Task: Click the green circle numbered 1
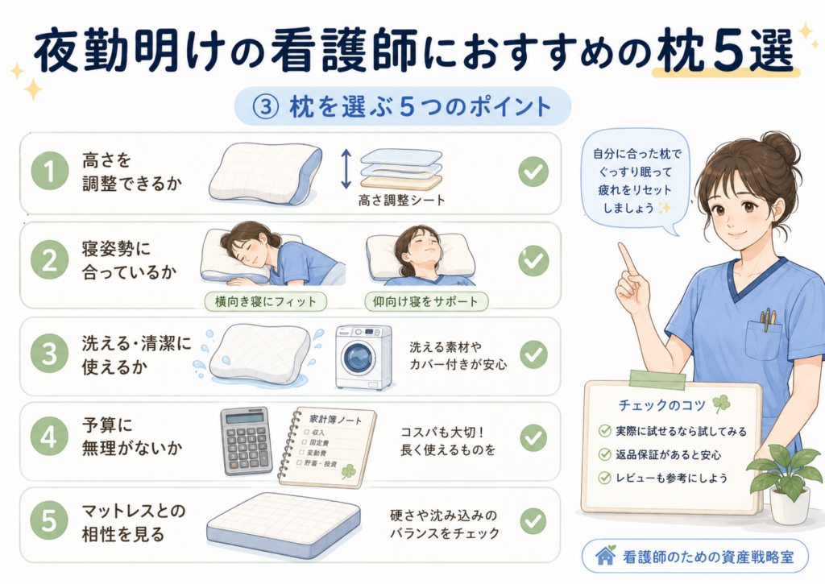pos(50,172)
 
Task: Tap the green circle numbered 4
pos(49,437)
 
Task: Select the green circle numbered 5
pos(49,521)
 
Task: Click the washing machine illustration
pos(364,357)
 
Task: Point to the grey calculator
pos(246,441)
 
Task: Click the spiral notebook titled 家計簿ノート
pos(327,447)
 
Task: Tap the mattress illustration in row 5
pos(284,525)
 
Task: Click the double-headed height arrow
pos(346,168)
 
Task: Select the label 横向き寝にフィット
pos(266,302)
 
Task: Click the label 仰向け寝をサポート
pos(426,302)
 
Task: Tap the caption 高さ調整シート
pos(401,201)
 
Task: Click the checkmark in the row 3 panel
pos(533,354)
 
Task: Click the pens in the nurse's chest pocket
pos(766,319)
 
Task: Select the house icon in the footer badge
pos(606,555)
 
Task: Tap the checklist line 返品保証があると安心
pos(668,454)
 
